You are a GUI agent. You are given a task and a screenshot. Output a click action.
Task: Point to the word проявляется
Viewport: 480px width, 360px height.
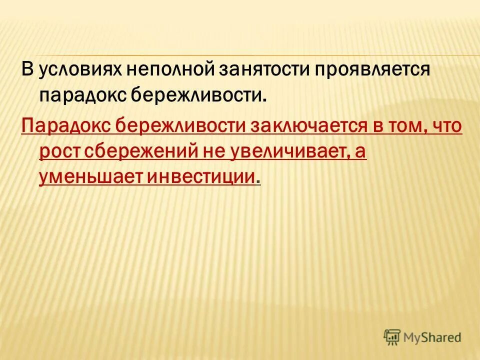tap(372, 70)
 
